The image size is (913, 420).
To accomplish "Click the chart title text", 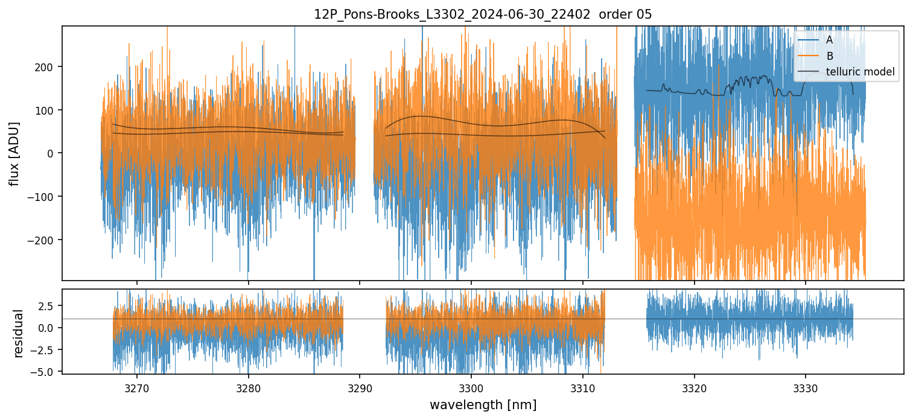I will pos(483,14).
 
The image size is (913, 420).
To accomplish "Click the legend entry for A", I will pos(829,40).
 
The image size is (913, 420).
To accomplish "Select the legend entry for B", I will pos(830,57).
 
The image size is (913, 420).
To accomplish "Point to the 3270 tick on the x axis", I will pos(137,386).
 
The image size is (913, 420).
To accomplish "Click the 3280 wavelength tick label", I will pos(249,386).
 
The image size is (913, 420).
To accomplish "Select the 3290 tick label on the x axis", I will pos(360,386).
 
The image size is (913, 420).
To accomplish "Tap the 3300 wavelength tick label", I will pos(471,386).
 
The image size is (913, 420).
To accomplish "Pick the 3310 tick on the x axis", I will pos(583,386).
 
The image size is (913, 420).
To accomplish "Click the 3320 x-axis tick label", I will pos(695,386).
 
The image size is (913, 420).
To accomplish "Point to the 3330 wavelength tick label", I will pos(806,386).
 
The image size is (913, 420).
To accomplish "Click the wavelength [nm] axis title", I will pos(483,404).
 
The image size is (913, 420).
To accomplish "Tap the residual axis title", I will pos(19,332).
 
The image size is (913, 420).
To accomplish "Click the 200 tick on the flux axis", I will pos(46,66).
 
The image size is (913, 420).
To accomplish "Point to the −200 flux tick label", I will pos(43,240).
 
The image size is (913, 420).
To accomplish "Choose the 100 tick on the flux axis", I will pos(46,110).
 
